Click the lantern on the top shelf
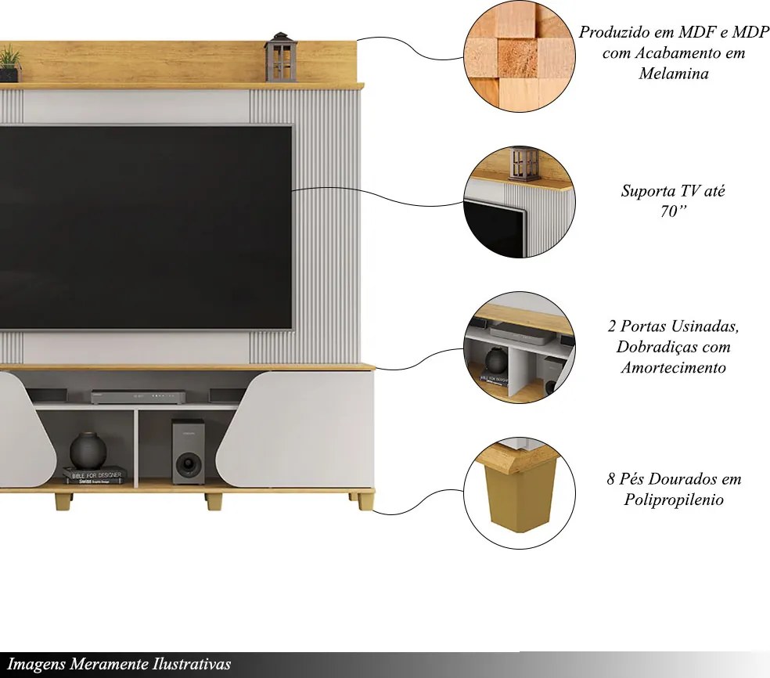point(280,57)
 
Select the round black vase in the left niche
point(88,450)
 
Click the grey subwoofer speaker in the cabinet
point(188,452)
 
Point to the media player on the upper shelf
point(139,397)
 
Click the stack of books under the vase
point(94,475)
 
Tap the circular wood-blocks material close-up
point(520,56)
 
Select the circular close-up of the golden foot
point(520,492)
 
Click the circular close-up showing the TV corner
point(520,202)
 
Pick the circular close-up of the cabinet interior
point(520,348)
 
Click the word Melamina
point(674,74)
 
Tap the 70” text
point(673,211)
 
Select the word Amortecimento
point(673,367)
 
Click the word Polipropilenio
point(674,499)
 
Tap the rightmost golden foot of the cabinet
point(363,500)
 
